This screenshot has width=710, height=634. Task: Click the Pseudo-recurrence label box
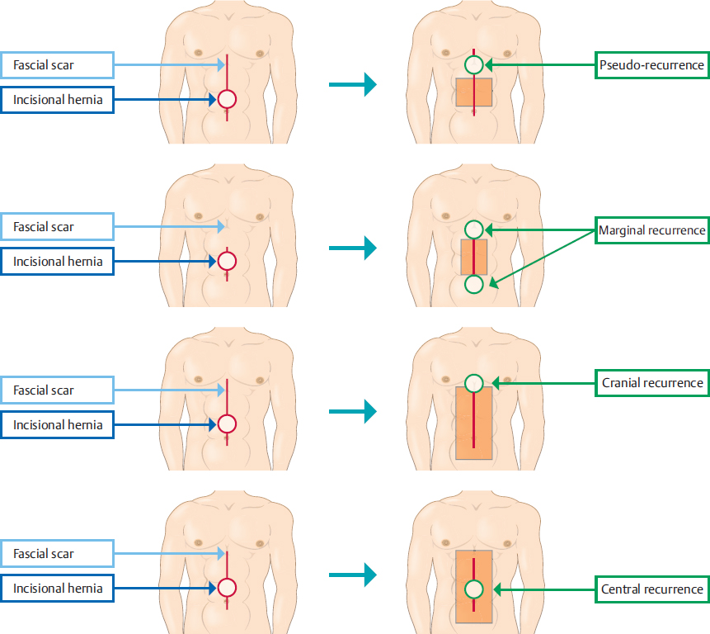coord(651,64)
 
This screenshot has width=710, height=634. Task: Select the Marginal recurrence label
coord(651,230)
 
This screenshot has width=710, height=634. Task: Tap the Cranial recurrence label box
coord(651,383)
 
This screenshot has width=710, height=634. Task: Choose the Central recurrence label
coord(651,589)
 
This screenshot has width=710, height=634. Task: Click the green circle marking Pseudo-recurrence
coord(474,64)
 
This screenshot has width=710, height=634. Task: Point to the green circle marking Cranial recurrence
coord(474,383)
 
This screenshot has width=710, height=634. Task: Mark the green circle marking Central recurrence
coord(474,589)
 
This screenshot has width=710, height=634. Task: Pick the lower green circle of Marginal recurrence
coord(474,285)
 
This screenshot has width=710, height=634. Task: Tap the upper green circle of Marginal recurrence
coord(474,229)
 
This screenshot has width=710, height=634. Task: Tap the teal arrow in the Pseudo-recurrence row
coord(352,83)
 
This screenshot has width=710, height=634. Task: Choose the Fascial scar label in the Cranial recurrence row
coord(56,390)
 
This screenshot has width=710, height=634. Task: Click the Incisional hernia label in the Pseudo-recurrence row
coord(58,99)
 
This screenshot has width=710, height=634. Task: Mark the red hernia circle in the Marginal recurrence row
coord(227,262)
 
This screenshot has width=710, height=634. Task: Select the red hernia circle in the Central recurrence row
coord(227,589)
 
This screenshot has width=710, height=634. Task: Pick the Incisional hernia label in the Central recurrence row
coord(58,589)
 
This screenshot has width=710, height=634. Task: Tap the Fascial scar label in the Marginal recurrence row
coord(56,226)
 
